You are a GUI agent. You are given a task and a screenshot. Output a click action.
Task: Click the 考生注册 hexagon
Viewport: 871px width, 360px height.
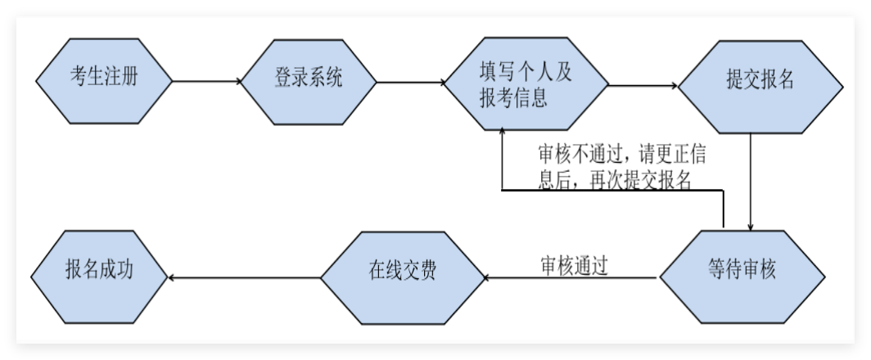coord(104,80)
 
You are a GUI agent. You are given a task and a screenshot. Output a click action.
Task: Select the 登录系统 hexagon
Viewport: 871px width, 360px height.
coord(309,80)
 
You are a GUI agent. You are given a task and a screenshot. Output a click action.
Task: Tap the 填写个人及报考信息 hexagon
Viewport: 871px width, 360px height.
coord(526,84)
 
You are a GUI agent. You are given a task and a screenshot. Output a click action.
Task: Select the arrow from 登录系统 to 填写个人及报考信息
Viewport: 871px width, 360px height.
coord(409,81)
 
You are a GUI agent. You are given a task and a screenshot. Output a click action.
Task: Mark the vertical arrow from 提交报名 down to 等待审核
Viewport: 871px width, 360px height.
coord(751,180)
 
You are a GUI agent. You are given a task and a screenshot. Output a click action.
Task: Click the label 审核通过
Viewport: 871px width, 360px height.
coord(574,265)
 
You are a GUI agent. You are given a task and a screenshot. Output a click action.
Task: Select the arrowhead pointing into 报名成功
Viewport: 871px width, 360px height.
coord(171,279)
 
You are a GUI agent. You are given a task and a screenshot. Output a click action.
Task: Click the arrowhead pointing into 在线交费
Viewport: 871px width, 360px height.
coord(489,279)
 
